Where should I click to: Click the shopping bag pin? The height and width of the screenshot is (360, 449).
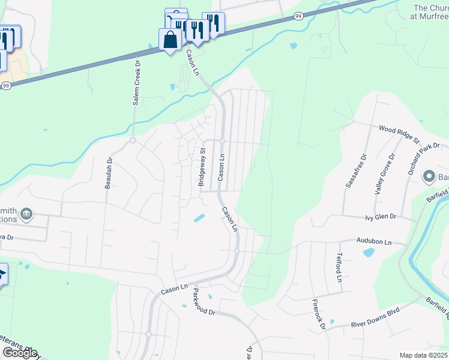[x=170, y=40]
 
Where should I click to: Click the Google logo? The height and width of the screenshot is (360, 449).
[x=19, y=353]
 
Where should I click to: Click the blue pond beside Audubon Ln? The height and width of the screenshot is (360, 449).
[x=369, y=253]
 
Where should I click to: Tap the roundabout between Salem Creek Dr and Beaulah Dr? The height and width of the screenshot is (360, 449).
[x=132, y=140]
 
